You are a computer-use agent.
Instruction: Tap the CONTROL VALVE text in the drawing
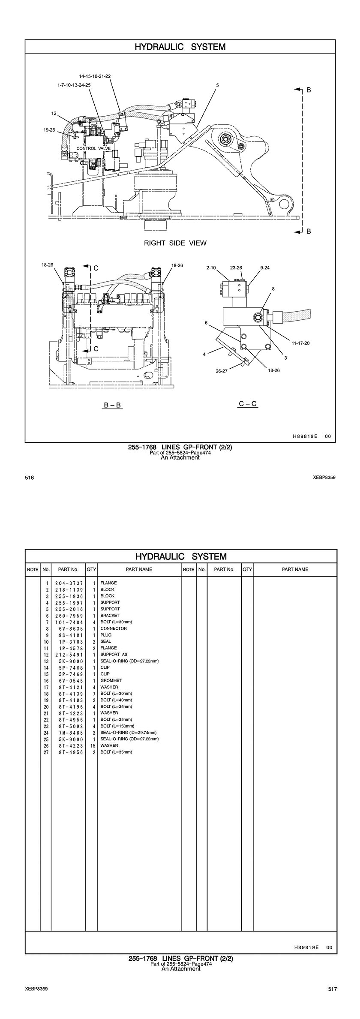(x=93, y=148)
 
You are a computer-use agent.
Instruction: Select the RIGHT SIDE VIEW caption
(x=175, y=243)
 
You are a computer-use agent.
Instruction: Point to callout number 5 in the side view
(x=217, y=85)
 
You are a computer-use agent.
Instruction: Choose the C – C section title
(x=248, y=403)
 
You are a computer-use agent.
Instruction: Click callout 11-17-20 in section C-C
(x=300, y=343)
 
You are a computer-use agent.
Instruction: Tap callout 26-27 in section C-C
(x=222, y=371)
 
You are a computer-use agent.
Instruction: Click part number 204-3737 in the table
(x=69, y=583)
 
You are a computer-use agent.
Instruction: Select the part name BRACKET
(x=110, y=616)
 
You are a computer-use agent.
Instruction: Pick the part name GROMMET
(x=111, y=680)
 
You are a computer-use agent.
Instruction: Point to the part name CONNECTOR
(x=114, y=628)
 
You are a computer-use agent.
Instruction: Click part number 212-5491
(x=69, y=655)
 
